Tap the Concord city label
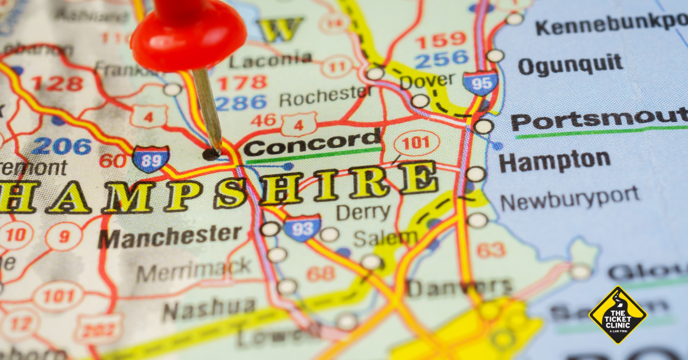pos(311,143)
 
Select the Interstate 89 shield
pos(151,159)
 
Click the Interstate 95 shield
pos(480,84)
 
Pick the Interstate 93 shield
pos(302,228)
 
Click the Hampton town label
pos(554,161)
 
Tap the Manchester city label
pos(170,236)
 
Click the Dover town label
pos(427,81)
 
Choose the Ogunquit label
pos(570,64)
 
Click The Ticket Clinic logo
pos(617,315)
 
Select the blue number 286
pos(241,103)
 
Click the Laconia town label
pos(271,60)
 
